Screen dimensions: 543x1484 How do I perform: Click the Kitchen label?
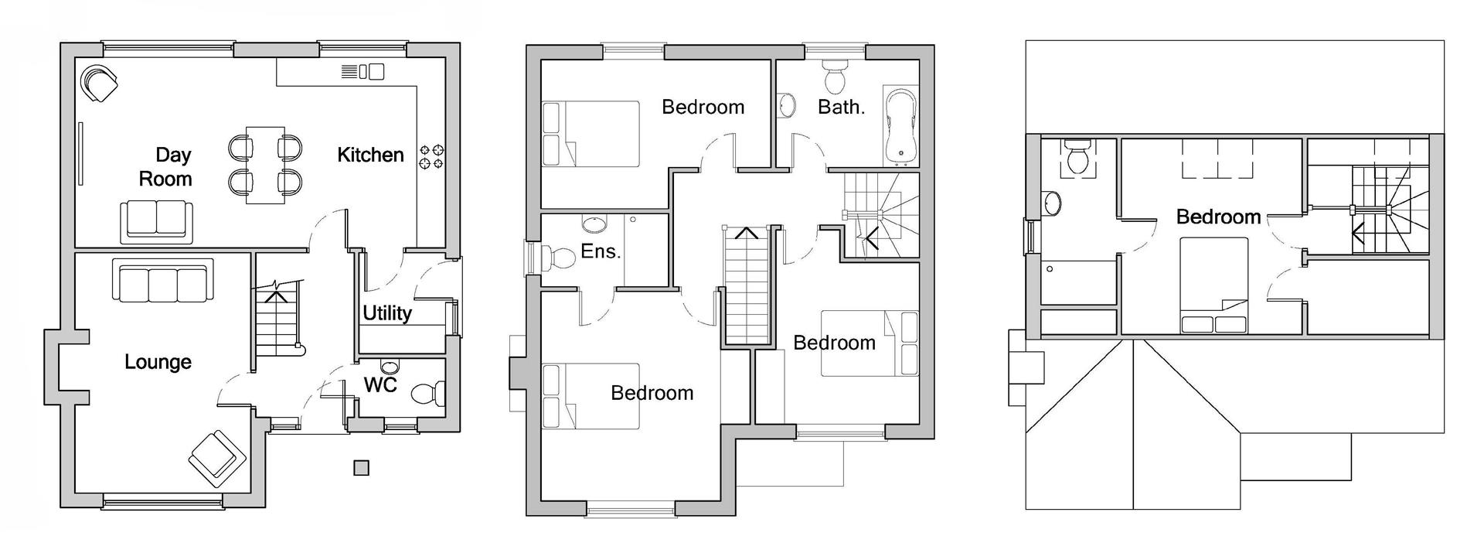tap(370, 155)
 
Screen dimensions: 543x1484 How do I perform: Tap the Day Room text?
tap(165, 167)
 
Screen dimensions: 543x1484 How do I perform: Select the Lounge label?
tap(158, 361)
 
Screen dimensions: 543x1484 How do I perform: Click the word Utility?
tap(387, 312)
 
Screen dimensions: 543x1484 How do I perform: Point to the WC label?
tap(380, 384)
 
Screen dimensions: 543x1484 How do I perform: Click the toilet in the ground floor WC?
tap(427, 394)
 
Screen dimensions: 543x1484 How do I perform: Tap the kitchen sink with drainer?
tap(362, 72)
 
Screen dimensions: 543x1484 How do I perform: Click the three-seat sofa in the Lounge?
tap(162, 282)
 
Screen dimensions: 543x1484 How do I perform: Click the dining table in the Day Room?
tap(265, 165)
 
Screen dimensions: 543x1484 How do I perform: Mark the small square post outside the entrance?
tap(361, 467)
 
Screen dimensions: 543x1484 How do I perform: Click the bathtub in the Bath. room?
tap(899, 128)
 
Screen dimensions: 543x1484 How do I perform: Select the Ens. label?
tap(601, 251)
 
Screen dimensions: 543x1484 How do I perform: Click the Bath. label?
tap(841, 107)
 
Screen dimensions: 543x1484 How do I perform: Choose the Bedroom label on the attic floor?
tap(1218, 217)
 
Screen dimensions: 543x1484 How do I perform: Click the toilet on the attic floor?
tap(1077, 158)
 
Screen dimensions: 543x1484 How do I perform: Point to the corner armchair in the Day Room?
tap(101, 82)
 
